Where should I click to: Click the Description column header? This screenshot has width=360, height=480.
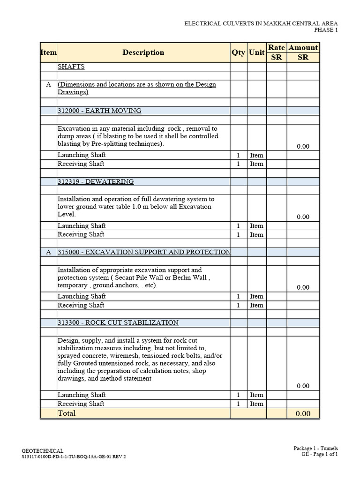coord(143,52)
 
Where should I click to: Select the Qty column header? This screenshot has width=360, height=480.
coord(238,52)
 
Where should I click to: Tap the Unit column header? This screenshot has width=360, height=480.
coord(256,52)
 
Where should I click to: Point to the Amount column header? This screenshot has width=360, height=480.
coord(303,47)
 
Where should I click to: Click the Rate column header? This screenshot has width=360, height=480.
coord(277,47)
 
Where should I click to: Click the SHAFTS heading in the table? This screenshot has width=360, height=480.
coord(71,67)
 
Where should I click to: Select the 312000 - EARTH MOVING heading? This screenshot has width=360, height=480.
coord(99,111)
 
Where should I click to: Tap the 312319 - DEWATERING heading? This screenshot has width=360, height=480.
coord(96,181)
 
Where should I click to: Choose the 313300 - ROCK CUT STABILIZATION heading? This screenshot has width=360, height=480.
coord(118,322)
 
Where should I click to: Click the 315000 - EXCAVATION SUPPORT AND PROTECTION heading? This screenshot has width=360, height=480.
coord(144,252)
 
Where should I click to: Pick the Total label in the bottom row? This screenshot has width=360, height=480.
coord(67,413)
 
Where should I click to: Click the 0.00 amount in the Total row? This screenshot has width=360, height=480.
coord(303,413)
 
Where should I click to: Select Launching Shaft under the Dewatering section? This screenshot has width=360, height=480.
coord(82,225)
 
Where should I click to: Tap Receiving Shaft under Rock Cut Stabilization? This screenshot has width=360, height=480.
coord(81,404)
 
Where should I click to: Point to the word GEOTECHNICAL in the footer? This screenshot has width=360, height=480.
coord(43,450)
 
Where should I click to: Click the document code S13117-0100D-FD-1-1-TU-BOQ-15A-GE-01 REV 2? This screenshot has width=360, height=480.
coord(74,457)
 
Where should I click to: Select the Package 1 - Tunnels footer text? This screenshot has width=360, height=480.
coord(315,448)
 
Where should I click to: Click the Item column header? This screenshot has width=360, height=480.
coord(48,52)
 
